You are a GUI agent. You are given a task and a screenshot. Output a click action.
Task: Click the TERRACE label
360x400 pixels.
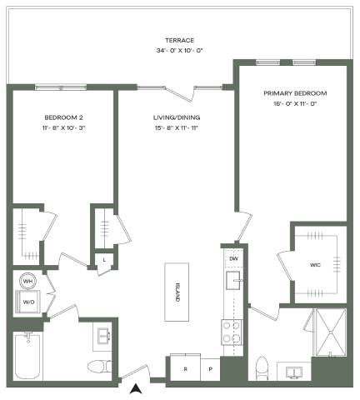179,40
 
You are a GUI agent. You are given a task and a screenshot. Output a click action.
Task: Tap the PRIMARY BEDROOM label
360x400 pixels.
295,93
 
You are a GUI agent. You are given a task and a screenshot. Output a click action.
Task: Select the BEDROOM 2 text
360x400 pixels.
63,117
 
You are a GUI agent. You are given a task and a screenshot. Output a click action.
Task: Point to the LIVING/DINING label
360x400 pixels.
177,117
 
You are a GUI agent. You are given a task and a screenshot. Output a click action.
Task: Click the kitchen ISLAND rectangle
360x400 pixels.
177,292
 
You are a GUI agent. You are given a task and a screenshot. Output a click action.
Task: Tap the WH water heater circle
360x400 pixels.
27,281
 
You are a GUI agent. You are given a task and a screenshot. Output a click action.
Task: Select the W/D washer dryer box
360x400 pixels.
27,302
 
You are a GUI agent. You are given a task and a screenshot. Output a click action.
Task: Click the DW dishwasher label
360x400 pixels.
234,258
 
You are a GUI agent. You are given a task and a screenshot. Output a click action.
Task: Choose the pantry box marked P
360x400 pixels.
211,369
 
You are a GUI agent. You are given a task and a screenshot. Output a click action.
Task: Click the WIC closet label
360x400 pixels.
315,265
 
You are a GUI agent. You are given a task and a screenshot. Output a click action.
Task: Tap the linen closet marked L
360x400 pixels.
104,260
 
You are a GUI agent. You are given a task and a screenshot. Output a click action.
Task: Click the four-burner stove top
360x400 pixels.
232,332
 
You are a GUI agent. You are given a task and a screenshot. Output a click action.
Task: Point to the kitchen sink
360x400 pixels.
232,281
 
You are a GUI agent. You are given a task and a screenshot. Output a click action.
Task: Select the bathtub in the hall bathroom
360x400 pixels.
27,356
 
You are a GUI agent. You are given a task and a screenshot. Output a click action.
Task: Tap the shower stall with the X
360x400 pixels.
331,332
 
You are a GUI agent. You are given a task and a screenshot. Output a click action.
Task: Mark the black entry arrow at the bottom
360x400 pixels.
136,389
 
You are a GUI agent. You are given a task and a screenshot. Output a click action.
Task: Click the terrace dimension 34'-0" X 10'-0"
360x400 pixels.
179,51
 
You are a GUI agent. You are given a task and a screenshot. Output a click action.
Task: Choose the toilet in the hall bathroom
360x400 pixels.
99,367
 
